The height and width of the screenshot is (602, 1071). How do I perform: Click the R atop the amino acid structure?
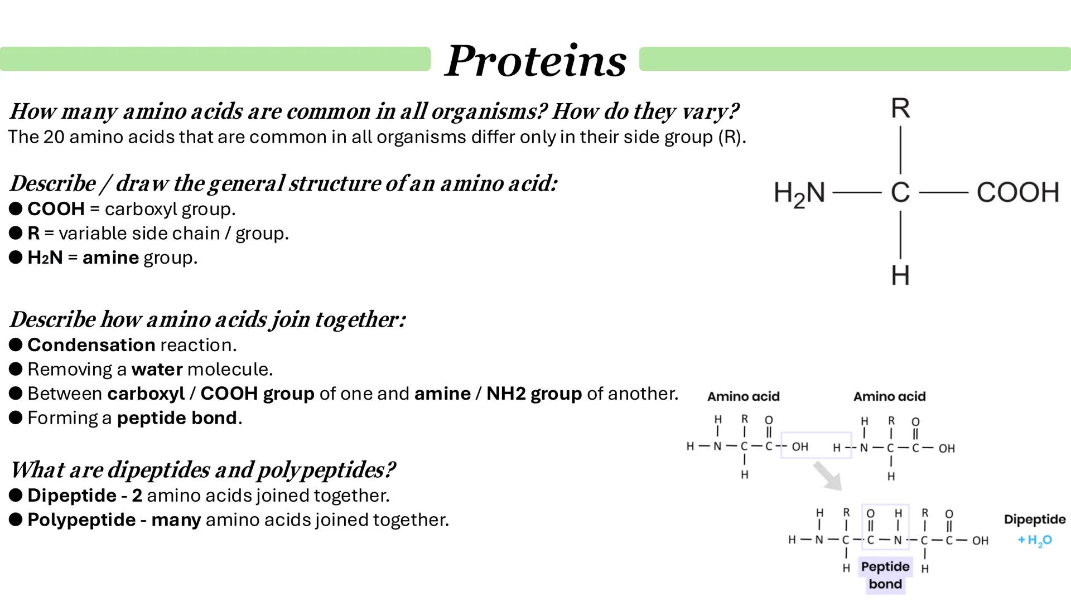pos(900,108)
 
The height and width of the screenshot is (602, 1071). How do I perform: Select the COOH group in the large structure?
pos(1017,192)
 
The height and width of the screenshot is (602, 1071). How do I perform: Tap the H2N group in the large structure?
pos(799,193)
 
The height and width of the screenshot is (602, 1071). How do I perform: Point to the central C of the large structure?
pos(900,193)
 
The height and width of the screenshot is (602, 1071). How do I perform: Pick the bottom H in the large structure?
pos(900,275)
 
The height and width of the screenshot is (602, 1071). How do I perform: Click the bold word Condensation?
pos(91,345)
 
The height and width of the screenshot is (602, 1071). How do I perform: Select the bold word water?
pos(157,370)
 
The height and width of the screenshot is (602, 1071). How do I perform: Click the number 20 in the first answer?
pos(54,137)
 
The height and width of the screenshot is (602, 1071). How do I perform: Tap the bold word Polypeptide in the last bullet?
pos(81,520)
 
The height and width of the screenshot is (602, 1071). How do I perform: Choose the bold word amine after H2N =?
pos(110,258)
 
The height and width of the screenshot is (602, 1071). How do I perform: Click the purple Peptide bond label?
pos(885,575)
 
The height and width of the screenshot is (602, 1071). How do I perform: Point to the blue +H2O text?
pos(1035,540)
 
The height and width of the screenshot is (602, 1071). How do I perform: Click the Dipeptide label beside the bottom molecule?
pos(1035,520)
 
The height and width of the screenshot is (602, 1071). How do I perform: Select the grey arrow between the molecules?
pos(827,475)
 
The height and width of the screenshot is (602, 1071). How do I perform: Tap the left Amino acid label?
pos(744,397)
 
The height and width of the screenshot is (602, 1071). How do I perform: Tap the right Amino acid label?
pos(889,397)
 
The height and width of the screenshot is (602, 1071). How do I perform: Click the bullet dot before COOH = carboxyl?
pos(16,209)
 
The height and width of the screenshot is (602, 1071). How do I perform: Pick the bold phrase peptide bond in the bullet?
pos(177,418)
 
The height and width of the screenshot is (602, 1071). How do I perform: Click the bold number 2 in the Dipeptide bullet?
pos(137,496)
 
